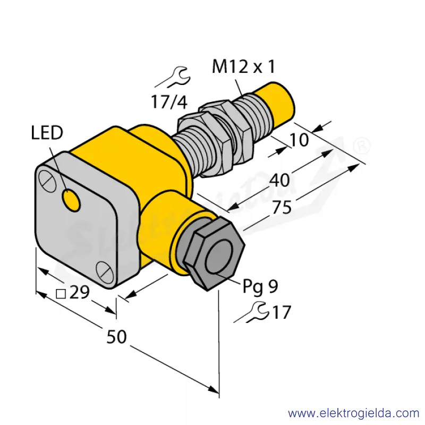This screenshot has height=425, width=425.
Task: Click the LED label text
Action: pos(47,133)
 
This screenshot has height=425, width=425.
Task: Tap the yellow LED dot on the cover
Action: pos(71,200)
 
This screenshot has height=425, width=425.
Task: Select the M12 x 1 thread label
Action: pos(243,67)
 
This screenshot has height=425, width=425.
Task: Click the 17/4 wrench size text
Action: pos(169,102)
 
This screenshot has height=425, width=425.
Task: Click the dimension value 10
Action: pos(299,140)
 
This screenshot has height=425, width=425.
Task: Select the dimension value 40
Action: pos(279,180)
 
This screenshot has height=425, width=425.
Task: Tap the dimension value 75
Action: pos(282,207)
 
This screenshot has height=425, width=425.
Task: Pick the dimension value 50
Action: pos(116,337)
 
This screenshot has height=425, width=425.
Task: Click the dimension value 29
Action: pos(79,292)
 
